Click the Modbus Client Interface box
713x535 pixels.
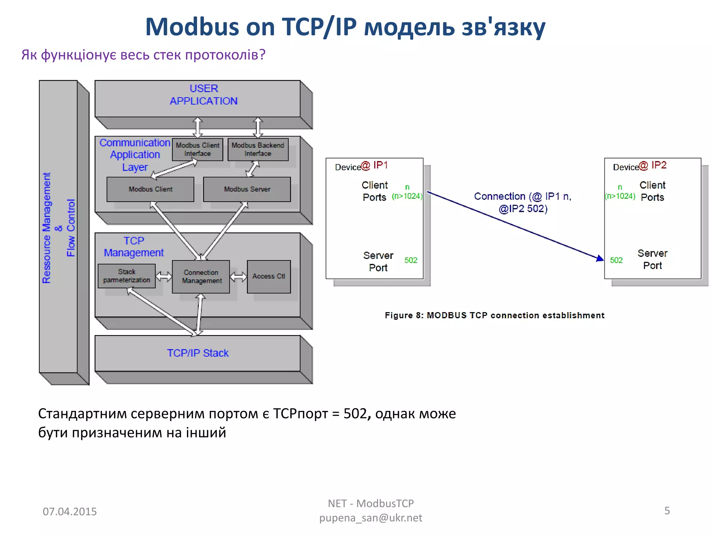pyautogui.click(x=197, y=149)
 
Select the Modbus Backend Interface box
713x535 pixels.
pyautogui.click(x=258, y=149)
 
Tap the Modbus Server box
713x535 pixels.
pyautogui.click(x=247, y=189)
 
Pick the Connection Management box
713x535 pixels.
pyautogui.click(x=201, y=277)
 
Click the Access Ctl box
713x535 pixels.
pyautogui.click(x=269, y=276)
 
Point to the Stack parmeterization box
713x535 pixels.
pyautogui.click(x=127, y=276)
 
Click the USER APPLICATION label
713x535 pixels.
pyautogui.click(x=204, y=95)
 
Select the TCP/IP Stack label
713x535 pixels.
pyautogui.click(x=198, y=353)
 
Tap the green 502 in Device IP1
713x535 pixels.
pyautogui.click(x=411, y=260)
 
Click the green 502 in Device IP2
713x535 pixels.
pyautogui.click(x=616, y=260)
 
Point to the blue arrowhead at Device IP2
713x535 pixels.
pyautogui.click(x=600, y=258)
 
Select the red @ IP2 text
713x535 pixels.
pyautogui.click(x=653, y=165)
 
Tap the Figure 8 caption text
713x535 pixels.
pyautogui.click(x=494, y=315)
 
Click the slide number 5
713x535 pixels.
pyautogui.click(x=667, y=511)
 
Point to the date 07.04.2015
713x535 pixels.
pyautogui.click(x=70, y=511)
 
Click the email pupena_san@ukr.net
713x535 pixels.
pyautogui.click(x=371, y=518)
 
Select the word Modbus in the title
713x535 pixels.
pyautogui.click(x=192, y=27)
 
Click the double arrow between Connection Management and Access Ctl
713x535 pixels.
pyautogui.click(x=238, y=277)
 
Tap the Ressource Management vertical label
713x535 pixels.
pyautogui.click(x=47, y=228)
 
